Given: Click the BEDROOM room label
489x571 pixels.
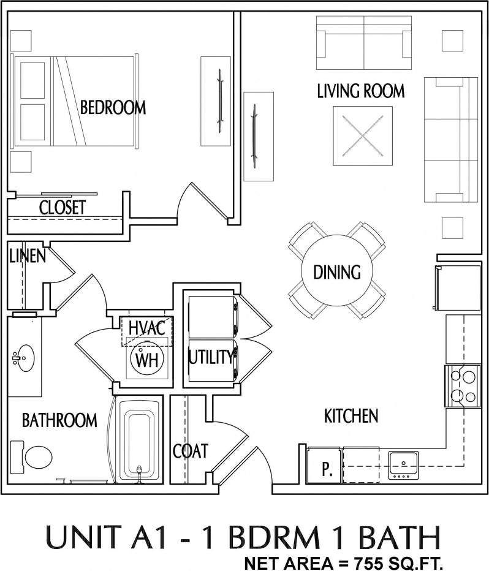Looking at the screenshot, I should (x=113, y=108).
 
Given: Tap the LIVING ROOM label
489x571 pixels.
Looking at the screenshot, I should (x=360, y=91).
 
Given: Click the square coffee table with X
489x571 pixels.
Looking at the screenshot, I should (x=362, y=135).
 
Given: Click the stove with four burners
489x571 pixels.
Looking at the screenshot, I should (x=463, y=385).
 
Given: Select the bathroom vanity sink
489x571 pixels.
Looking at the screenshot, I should (x=25, y=356).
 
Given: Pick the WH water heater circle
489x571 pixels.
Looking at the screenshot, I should (x=147, y=360).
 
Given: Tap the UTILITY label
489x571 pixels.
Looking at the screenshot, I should (x=211, y=356).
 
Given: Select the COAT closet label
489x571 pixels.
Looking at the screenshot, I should (x=190, y=451).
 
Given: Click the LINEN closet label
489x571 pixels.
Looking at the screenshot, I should (x=27, y=255).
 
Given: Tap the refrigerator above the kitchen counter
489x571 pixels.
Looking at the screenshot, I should (x=458, y=288).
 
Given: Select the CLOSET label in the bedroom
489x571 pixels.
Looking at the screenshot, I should (x=63, y=207).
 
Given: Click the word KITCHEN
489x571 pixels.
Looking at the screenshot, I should (x=351, y=416).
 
